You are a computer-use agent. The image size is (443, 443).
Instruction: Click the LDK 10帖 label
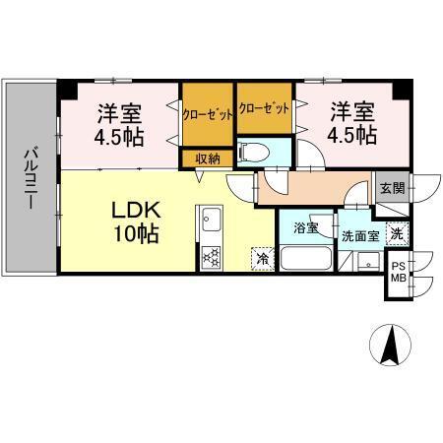click(x=135, y=222)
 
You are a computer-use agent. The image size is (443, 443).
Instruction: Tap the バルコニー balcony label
click(x=31, y=177)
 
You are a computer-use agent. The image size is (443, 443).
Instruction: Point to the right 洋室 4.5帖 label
click(x=352, y=123)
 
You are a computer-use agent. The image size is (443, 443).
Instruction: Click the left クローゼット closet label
click(x=208, y=114)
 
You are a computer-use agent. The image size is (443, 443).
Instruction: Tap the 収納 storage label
click(x=207, y=158)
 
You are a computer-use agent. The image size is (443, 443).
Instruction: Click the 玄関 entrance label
click(x=390, y=187)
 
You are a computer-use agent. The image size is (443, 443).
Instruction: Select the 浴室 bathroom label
click(x=304, y=230)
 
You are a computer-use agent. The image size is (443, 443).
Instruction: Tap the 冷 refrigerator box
click(x=263, y=259)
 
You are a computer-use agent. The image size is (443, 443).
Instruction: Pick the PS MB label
click(x=400, y=272)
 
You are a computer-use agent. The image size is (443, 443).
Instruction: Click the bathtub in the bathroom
click(x=307, y=259)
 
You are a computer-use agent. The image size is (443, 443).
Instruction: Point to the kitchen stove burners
click(x=211, y=258)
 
